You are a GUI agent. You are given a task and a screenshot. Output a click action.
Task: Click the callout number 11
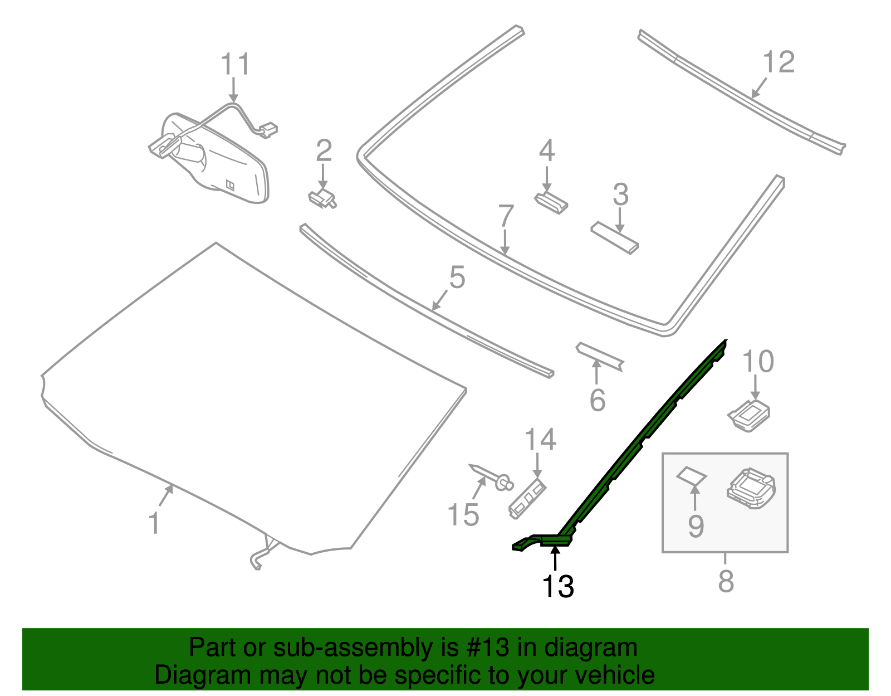click(235, 65)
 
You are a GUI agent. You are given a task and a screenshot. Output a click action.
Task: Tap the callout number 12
click(778, 62)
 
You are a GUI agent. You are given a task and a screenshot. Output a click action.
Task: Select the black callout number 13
click(558, 586)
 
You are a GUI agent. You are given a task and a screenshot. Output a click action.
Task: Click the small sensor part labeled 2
click(322, 198)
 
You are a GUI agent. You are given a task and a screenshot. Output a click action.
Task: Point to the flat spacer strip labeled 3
click(614, 238)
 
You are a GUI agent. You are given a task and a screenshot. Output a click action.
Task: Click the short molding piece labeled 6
click(600, 356)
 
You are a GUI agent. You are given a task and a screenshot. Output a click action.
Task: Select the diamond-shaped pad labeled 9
click(691, 475)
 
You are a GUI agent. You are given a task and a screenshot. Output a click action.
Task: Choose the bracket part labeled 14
click(527, 498)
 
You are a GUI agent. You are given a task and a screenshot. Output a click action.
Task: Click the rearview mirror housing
click(223, 162)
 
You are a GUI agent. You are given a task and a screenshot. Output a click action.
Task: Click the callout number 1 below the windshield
click(154, 523)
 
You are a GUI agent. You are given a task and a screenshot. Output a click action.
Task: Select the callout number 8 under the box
click(726, 581)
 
